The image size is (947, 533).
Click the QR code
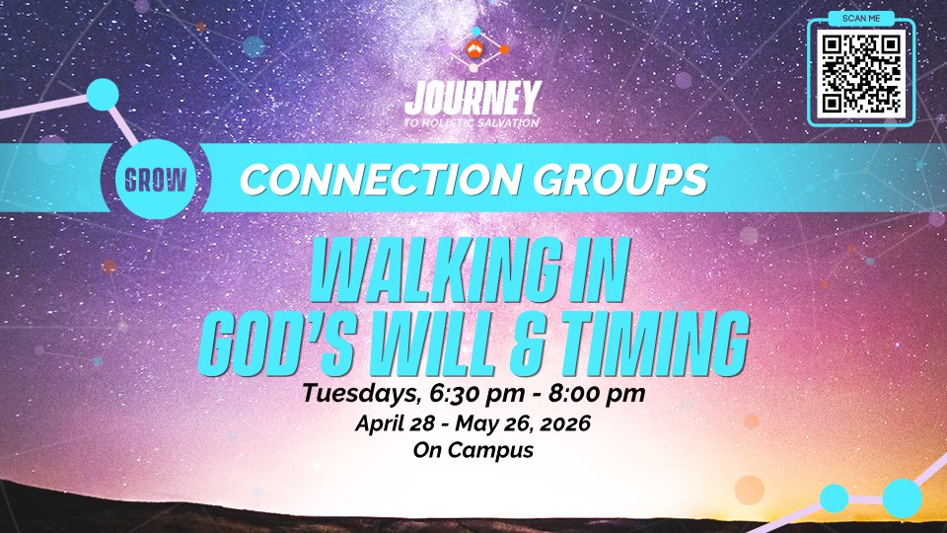click(861, 74)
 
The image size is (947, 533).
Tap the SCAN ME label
click(861, 18)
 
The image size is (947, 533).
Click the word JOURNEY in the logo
click(473, 99)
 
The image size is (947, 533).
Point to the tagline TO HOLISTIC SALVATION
click(472, 122)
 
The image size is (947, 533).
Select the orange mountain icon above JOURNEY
click(474, 49)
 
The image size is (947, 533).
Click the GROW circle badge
click(156, 180)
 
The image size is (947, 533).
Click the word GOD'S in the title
click(276, 343)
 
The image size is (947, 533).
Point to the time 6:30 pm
click(477, 394)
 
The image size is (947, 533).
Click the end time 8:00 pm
click(597, 394)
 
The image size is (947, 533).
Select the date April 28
click(395, 423)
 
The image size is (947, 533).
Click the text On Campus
click(473, 450)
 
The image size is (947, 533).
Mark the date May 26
click(494, 423)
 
